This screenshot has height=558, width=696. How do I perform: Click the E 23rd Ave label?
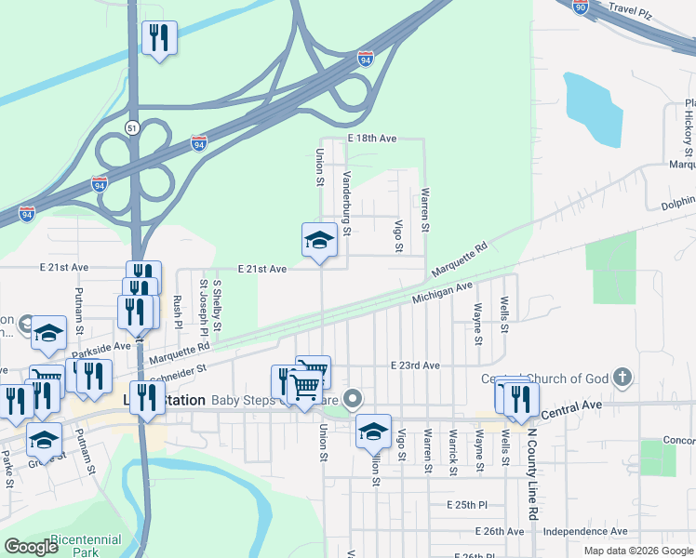point(415,365)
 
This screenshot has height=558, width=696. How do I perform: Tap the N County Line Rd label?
point(533,473)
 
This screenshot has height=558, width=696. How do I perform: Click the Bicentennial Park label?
point(86,545)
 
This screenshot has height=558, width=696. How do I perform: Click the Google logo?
point(31,547)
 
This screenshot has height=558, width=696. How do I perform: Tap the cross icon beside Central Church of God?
point(622,378)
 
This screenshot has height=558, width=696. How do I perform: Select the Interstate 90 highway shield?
point(582,7)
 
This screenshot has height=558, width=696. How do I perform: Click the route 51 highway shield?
point(133,127)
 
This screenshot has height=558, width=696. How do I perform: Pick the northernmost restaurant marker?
point(159,38)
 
